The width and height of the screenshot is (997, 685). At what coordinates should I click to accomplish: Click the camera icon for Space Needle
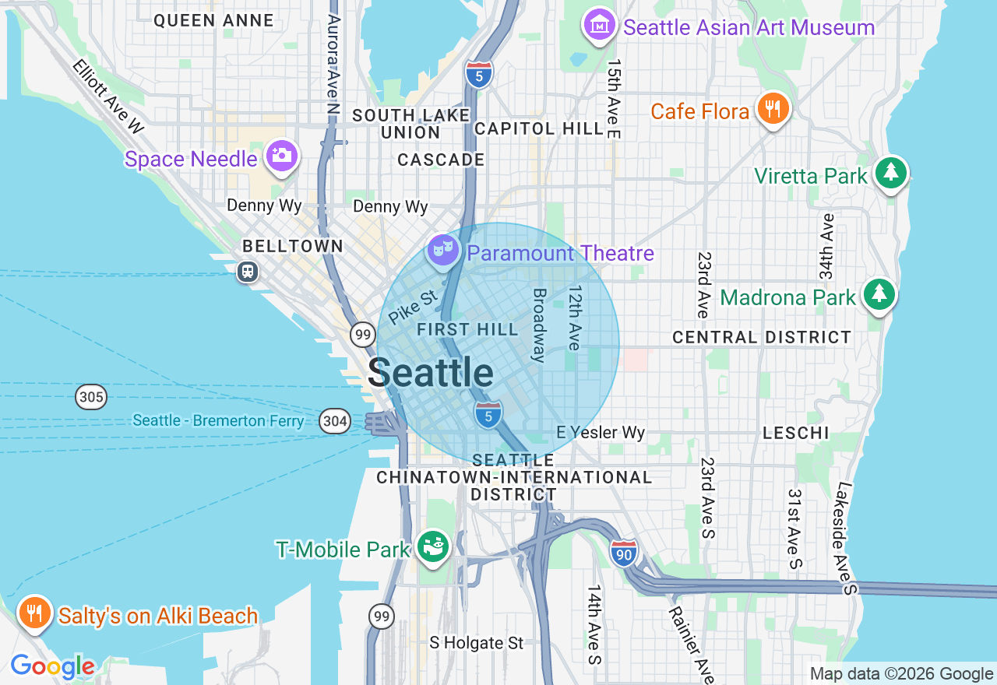click(281, 156)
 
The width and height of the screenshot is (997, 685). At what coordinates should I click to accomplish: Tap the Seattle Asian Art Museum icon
click(600, 26)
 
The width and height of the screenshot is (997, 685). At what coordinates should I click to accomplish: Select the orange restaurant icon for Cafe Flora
click(772, 109)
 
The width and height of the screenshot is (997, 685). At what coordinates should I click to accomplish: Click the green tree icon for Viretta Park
click(890, 173)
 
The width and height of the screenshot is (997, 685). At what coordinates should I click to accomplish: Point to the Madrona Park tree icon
click(879, 294)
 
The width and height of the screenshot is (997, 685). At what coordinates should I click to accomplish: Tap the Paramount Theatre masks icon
click(443, 250)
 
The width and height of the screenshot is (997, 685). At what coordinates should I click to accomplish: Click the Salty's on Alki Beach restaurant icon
click(34, 613)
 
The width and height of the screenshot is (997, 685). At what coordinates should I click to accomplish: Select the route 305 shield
click(91, 398)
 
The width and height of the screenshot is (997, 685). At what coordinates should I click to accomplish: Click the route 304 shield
click(335, 422)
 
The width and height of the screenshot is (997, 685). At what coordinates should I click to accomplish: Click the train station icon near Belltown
click(248, 272)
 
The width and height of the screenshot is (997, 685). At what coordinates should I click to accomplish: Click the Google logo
click(52, 666)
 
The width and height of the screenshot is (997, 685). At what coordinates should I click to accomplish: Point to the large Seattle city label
click(430, 373)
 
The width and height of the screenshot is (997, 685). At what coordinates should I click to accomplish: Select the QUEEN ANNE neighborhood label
click(213, 21)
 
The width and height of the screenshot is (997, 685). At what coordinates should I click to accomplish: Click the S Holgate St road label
click(477, 643)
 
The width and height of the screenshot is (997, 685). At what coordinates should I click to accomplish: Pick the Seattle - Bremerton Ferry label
click(218, 421)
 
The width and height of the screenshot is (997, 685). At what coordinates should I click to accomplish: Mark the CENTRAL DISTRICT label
click(761, 337)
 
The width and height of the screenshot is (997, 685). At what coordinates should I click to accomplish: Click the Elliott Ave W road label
click(109, 94)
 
